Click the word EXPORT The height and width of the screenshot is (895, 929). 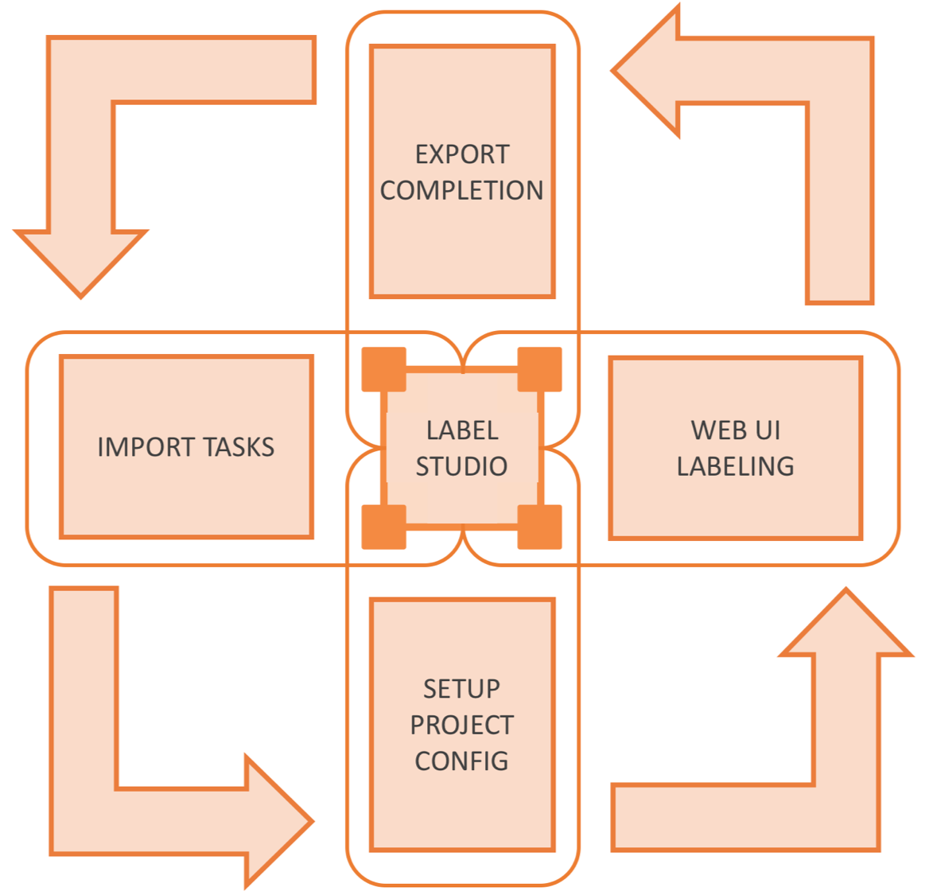tap(462, 154)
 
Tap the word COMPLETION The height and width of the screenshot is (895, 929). tap(462, 191)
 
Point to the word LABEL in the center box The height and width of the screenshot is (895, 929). tap(462, 430)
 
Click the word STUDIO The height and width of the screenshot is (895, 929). tap(462, 466)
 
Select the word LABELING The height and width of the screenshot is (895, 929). tap(736, 466)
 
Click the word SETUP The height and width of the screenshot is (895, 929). tap(462, 689)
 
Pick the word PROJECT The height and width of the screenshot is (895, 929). tap(462, 726)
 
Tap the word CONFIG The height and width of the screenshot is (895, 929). tap(462, 761)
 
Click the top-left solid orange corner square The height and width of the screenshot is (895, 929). tap(384, 369)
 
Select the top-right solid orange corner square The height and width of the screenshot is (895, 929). tap(539, 369)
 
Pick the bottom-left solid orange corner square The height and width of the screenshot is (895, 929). tap(384, 527)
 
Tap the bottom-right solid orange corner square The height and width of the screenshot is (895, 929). tap(539, 527)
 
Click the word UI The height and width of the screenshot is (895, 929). tap(768, 430)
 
